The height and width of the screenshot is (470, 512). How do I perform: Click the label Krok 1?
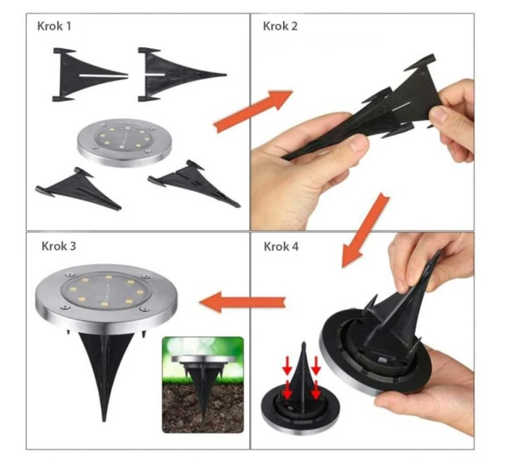pos(55,26)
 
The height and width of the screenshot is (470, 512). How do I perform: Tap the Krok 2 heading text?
pos(281,26)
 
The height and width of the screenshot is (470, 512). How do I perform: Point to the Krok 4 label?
pos(281,246)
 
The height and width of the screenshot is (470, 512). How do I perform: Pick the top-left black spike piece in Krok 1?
pos(84,73)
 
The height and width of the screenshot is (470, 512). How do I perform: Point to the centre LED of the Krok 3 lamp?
pos(107,290)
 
